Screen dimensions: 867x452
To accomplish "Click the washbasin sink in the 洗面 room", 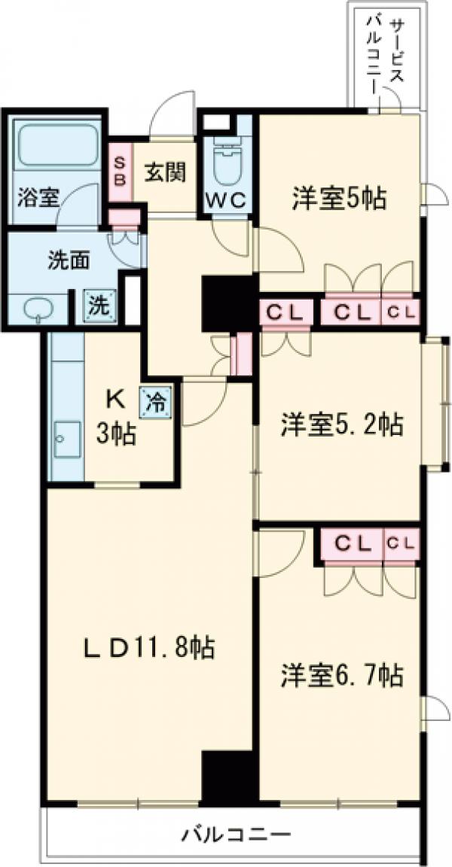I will [37, 308].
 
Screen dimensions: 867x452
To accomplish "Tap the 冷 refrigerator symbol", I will [154, 399].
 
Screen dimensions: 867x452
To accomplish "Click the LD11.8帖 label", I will [148, 646].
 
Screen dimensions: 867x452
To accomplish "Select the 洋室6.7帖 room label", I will [341, 674].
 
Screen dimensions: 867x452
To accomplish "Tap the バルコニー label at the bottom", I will [235, 834].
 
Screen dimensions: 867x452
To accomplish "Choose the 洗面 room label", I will [69, 260].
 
